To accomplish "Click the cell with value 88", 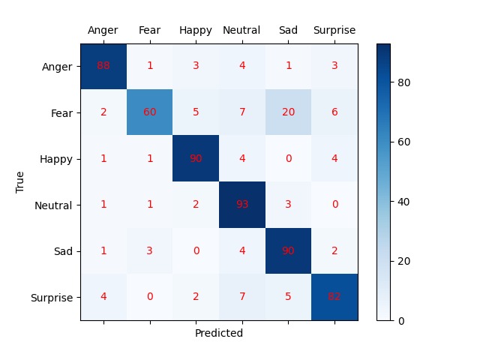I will [103, 66].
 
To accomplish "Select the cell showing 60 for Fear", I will [150, 112].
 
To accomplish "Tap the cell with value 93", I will [242, 205].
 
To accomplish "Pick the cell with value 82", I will [334, 297].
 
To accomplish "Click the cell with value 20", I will [288, 112].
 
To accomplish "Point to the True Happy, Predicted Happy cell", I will [196, 158].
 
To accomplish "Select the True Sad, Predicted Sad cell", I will [288, 251].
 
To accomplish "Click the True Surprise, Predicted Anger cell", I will [103, 297].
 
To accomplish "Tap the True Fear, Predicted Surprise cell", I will [334, 112].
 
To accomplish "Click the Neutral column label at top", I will [241, 31].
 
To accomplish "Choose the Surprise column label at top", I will [334, 31].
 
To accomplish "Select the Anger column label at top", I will [103, 31].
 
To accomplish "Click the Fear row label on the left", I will [63, 112].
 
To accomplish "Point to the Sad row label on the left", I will [64, 251].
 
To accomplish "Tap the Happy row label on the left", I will [59, 158].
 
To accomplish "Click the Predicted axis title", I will [218, 333].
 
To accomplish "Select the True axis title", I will [20, 182].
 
